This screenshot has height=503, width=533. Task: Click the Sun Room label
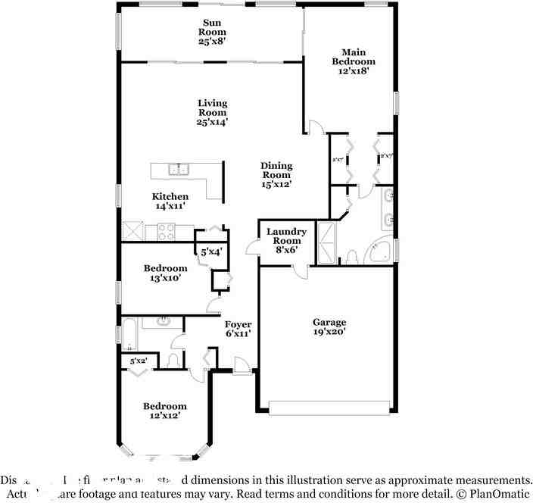(212, 33)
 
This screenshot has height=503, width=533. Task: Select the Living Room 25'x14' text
(212, 112)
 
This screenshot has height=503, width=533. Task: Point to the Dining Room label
(276, 174)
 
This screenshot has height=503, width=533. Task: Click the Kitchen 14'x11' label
(170, 201)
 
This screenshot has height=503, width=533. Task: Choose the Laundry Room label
(286, 240)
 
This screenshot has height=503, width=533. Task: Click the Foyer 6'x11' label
(238, 329)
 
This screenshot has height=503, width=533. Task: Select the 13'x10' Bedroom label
(165, 273)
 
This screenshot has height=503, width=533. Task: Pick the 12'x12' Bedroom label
(165, 411)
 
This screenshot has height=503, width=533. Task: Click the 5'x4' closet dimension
(210, 251)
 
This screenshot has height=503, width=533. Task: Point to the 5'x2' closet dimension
(138, 362)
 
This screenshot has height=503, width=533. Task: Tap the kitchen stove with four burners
(167, 230)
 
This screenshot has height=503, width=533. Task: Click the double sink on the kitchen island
(179, 169)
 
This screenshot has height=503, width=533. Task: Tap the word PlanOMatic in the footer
(497, 493)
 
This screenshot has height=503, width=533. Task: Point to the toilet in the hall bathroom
(173, 358)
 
